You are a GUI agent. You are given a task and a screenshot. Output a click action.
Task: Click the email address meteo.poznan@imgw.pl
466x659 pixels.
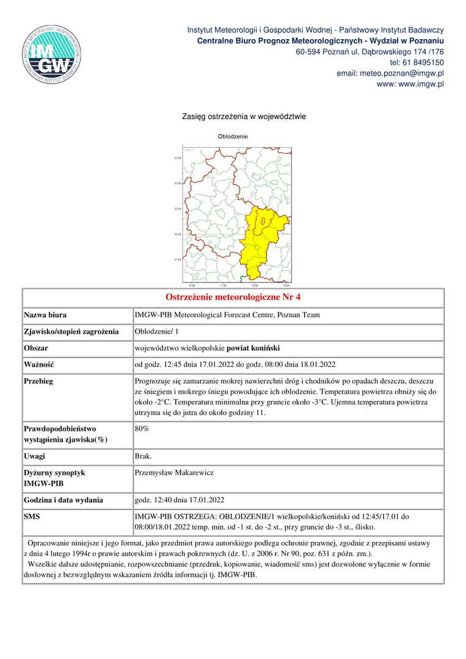click(x=390, y=73)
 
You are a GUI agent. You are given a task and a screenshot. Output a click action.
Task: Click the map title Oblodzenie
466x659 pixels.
click(x=233, y=136)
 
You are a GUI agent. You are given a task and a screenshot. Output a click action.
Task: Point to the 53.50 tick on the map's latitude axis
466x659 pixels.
click(x=178, y=158)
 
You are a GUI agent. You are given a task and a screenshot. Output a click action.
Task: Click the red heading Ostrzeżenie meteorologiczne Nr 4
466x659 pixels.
click(x=233, y=298)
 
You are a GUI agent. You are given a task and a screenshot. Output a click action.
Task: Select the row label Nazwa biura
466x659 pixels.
click(x=45, y=315)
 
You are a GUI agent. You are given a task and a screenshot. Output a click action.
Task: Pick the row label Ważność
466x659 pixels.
click(x=39, y=365)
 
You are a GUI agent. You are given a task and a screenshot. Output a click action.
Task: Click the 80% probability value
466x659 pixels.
click(x=142, y=429)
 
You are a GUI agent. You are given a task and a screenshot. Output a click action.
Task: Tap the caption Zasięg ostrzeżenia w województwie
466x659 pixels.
click(x=244, y=116)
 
